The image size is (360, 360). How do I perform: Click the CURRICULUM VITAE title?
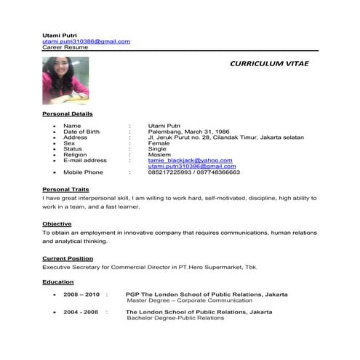tap(269, 64)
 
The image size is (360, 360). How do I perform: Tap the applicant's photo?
tap(67, 81)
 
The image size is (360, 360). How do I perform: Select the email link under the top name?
tap(86, 41)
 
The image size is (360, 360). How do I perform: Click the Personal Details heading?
tap(67, 114)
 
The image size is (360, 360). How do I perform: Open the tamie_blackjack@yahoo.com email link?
tap(190, 160)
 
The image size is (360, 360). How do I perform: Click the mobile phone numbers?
tap(193, 172)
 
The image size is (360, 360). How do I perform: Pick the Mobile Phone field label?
tap(84, 172)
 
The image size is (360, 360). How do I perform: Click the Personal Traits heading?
tap(65, 189)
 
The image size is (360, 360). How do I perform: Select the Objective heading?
tap(57, 223)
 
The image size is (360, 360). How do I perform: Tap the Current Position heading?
tap(68, 258)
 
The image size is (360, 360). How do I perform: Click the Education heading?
tap(57, 281)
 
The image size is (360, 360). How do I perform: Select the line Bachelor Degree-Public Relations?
tap(175, 318)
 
